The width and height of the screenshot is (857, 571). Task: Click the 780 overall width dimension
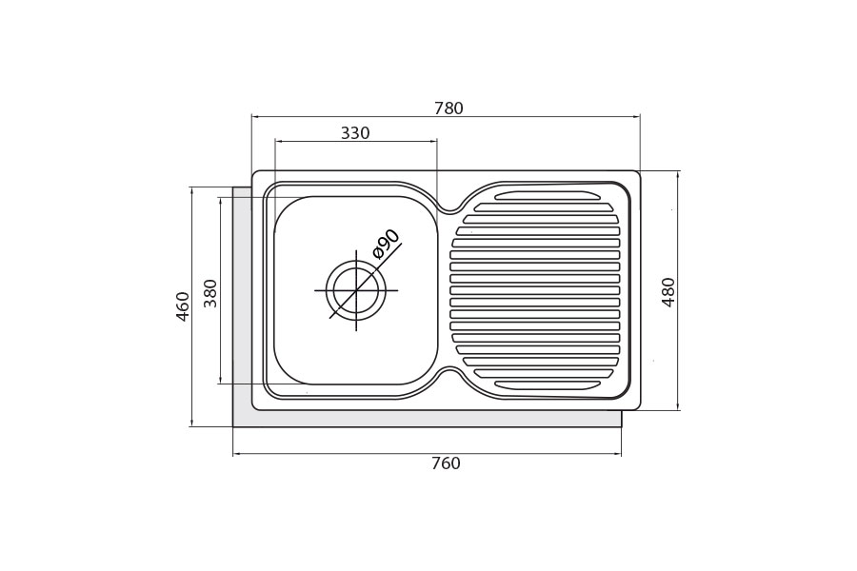click(448, 108)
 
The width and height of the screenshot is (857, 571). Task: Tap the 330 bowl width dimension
click(355, 133)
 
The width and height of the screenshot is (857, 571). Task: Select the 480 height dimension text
click(668, 292)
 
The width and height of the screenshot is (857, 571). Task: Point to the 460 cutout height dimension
click(183, 306)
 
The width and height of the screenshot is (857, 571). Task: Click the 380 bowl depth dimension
click(210, 293)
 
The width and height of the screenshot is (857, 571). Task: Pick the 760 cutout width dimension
click(446, 463)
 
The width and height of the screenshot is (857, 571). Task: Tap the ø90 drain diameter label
click(386, 244)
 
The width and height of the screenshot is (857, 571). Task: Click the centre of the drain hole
click(356, 289)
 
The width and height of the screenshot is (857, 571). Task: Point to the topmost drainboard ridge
click(547, 195)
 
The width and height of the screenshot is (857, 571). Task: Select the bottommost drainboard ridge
click(547, 384)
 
